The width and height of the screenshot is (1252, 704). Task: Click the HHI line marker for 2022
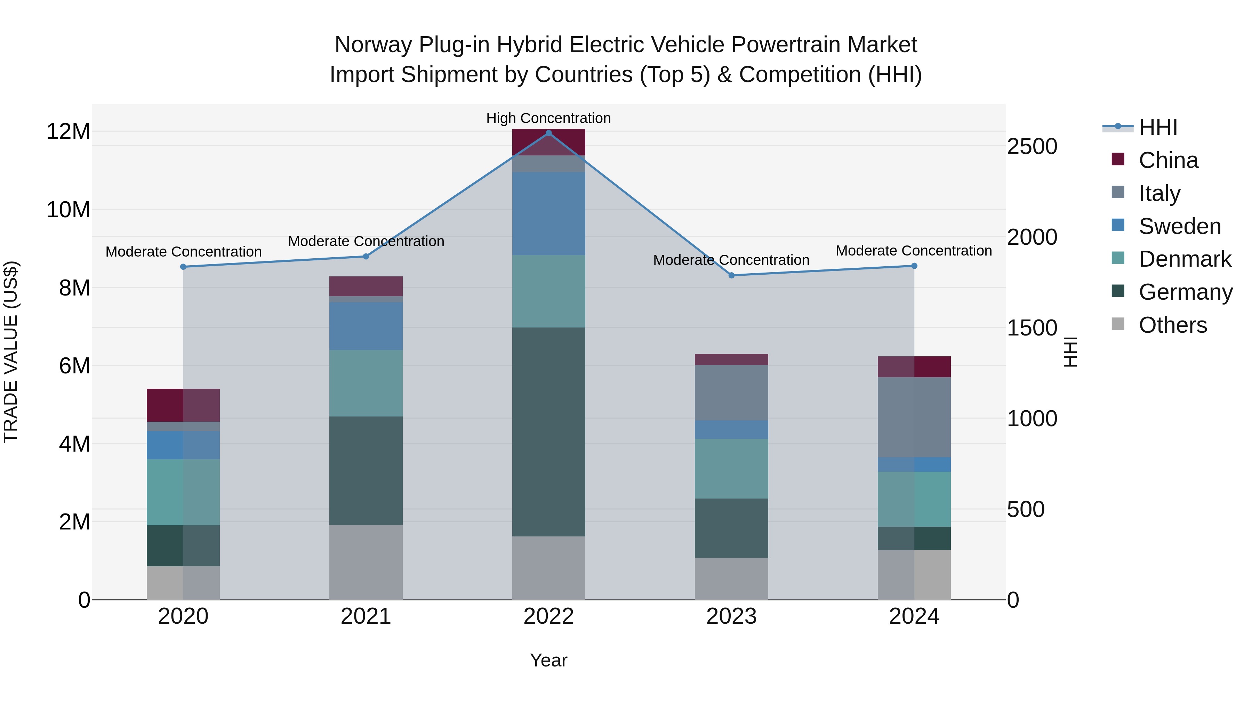(x=549, y=133)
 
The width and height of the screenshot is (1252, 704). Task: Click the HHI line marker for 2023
(x=731, y=275)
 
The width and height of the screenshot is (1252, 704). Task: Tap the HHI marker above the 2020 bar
(x=183, y=267)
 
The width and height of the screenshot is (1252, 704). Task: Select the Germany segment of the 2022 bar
(x=549, y=431)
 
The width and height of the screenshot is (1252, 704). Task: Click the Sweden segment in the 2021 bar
(x=366, y=326)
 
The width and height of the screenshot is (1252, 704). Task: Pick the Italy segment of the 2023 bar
(x=731, y=393)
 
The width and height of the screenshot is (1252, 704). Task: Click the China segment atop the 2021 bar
(x=366, y=286)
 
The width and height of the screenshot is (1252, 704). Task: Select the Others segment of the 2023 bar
(x=731, y=578)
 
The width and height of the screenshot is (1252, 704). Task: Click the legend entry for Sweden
(x=1180, y=226)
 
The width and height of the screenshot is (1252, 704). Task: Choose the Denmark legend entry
(x=1185, y=259)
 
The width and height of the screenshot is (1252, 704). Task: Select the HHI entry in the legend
(x=1158, y=127)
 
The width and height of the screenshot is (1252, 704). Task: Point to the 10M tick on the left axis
(x=68, y=210)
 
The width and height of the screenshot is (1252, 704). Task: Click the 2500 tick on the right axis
(x=1032, y=147)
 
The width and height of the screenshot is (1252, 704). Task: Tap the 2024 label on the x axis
(x=914, y=616)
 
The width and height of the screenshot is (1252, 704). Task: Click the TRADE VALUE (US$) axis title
(x=11, y=352)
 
